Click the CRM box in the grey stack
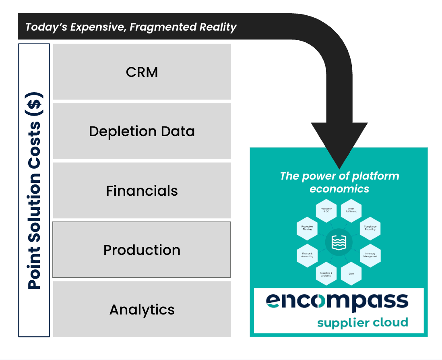tap(142, 72)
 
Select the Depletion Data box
tap(142, 131)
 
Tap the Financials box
tap(142, 190)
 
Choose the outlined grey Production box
tap(142, 250)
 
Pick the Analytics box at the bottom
tap(142, 309)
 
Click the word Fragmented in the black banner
tap(164, 27)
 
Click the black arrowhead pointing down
tap(339, 145)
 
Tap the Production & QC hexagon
tap(326, 210)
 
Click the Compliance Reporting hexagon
tap(370, 228)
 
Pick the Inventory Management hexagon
tap(370, 255)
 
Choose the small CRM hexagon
tap(351, 273)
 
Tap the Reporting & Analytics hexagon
tap(326, 274)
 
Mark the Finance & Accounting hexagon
tap(307, 255)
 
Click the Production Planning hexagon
tap(307, 228)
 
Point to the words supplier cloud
tap(362, 323)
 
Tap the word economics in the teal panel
tap(339, 188)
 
